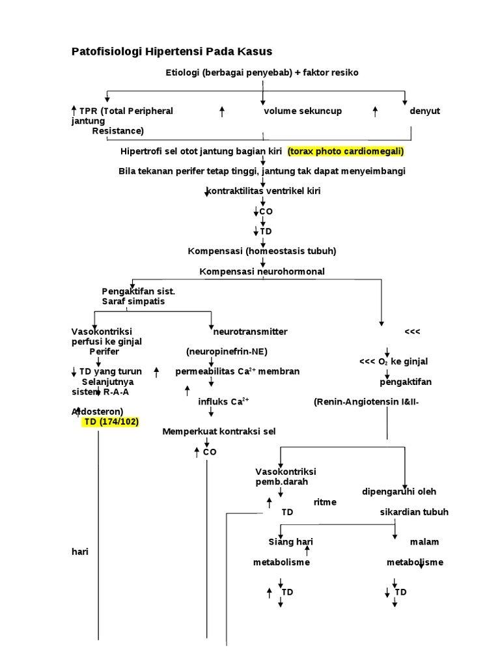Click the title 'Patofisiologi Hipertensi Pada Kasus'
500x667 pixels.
pos(172,51)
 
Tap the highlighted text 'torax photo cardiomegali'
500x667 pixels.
pos(346,151)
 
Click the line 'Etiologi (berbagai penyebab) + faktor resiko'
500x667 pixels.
pos(262,72)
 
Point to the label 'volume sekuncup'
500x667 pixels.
pos(303,111)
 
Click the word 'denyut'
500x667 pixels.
pos(424,111)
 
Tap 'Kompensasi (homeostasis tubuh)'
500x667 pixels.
pos(262,251)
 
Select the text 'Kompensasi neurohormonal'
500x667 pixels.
pos(262,271)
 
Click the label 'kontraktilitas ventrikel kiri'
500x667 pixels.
pos(264,191)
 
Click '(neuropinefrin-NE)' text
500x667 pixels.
pos(227,352)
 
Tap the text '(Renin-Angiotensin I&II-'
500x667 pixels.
pos(365,402)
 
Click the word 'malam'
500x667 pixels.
pos(424,542)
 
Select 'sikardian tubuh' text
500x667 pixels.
pos(414,512)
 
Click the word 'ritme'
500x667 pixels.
pos(325,502)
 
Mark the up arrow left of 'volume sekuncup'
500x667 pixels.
pos(222,111)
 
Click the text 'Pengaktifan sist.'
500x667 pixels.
pos(138,291)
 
